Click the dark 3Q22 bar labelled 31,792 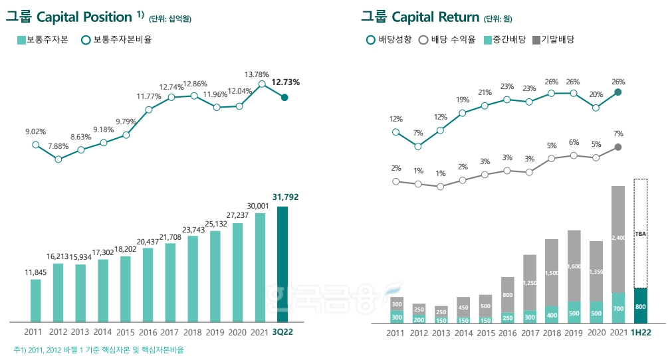tap(282, 264)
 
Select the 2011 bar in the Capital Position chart tap(35, 300)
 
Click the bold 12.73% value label tap(286, 82)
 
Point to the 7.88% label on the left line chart tap(58, 146)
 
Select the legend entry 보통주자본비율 tap(117, 40)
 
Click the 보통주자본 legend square tap(21, 40)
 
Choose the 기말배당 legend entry tap(553, 40)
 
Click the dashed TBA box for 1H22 tap(640, 233)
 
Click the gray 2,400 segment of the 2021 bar tap(618, 238)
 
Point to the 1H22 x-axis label tap(641, 333)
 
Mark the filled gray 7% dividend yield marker tap(618, 147)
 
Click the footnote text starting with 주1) tap(98, 350)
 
